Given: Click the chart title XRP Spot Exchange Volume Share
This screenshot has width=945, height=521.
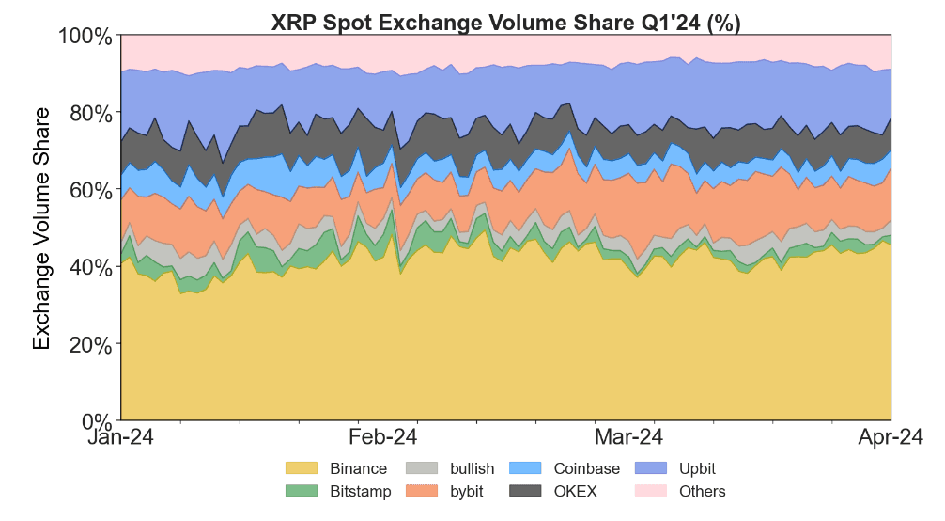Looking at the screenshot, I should pyautogui.click(x=505, y=23).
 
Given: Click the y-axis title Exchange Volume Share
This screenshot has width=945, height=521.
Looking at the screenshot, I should pyautogui.click(x=42, y=229).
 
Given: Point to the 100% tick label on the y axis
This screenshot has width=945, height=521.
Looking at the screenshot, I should pyautogui.click(x=86, y=37).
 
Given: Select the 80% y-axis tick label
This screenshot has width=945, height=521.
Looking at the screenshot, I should pyautogui.click(x=91, y=113).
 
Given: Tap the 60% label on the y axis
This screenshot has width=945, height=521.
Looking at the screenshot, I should pyautogui.click(x=91, y=190).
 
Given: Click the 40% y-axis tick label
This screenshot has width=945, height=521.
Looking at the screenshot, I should pyautogui.click(x=91, y=267).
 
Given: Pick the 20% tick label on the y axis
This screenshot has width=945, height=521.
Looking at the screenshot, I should pyautogui.click(x=91, y=344).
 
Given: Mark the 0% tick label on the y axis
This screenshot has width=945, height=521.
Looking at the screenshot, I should pyautogui.click(x=97, y=420).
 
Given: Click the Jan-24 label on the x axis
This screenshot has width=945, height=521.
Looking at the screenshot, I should pyautogui.click(x=121, y=438).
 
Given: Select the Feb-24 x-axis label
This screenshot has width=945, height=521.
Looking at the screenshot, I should pyautogui.click(x=382, y=438).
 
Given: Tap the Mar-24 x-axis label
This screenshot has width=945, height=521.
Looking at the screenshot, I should pyautogui.click(x=628, y=438).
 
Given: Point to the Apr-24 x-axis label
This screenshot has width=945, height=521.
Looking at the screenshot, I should pyautogui.click(x=890, y=438).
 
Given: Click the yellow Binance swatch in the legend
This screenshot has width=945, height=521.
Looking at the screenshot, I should pyautogui.click(x=302, y=468).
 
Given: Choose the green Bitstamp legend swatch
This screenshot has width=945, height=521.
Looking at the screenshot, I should pyautogui.click(x=302, y=491).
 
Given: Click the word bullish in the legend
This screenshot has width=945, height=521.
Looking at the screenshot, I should pyautogui.click(x=472, y=468).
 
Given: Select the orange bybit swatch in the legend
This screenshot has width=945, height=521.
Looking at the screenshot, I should pyautogui.click(x=422, y=491).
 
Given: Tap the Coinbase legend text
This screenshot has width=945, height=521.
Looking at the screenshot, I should pyautogui.click(x=586, y=468).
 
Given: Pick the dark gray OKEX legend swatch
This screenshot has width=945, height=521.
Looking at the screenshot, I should pyautogui.click(x=525, y=491).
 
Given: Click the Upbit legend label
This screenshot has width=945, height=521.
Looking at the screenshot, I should pyautogui.click(x=697, y=468).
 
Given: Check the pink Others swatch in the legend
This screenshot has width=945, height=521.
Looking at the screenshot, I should pyautogui.click(x=650, y=491).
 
